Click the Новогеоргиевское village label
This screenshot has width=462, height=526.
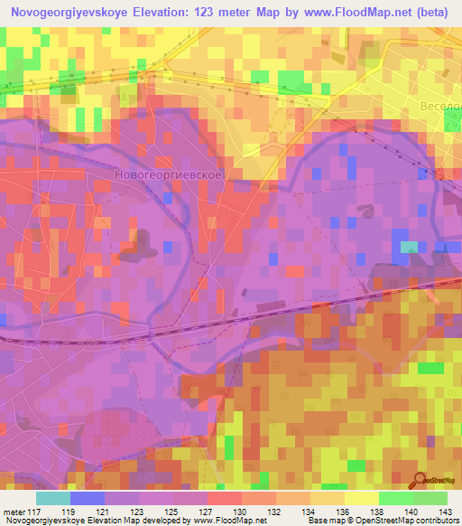(170, 172)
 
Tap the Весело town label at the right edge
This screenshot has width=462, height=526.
(440, 107)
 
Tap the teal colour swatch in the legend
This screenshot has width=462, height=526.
(53, 498)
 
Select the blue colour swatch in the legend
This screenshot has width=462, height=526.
(88, 498)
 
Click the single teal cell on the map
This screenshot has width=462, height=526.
(410, 246)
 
